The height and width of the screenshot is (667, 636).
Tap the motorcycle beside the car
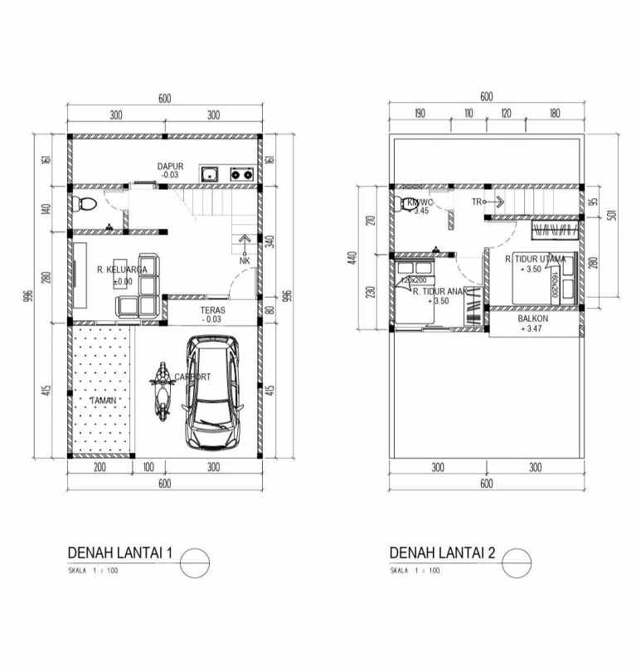coord(162,387)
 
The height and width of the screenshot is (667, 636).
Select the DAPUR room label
coord(170,167)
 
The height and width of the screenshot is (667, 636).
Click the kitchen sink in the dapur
coord(210,174)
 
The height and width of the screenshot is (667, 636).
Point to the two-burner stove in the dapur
coord(241,174)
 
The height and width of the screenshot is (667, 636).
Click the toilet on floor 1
coord(86,204)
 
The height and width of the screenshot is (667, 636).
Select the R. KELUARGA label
coord(122,270)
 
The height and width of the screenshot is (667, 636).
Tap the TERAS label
coord(210,309)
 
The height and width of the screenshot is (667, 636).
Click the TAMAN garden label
coord(104,401)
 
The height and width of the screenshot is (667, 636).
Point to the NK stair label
coord(245,261)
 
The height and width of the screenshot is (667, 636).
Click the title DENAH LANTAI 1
coord(120,553)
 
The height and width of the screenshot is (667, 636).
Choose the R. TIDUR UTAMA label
coord(536,259)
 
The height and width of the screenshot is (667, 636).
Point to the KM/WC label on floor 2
coord(419,202)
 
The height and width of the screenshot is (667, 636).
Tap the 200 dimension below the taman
coord(100,468)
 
